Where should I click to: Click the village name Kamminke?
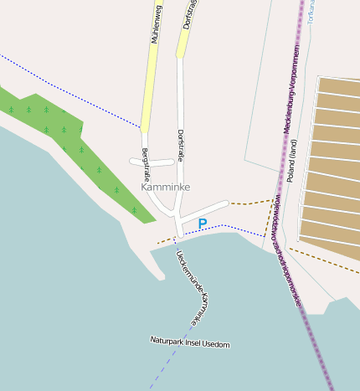click(166, 187)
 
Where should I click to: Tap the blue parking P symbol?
click(202, 224)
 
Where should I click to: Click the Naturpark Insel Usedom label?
click(189, 342)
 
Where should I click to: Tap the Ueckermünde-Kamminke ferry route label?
click(189, 286)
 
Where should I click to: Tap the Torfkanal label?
click(310, 10)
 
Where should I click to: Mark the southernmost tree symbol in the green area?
click(134, 210)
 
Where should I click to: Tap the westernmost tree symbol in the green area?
click(11, 110)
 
